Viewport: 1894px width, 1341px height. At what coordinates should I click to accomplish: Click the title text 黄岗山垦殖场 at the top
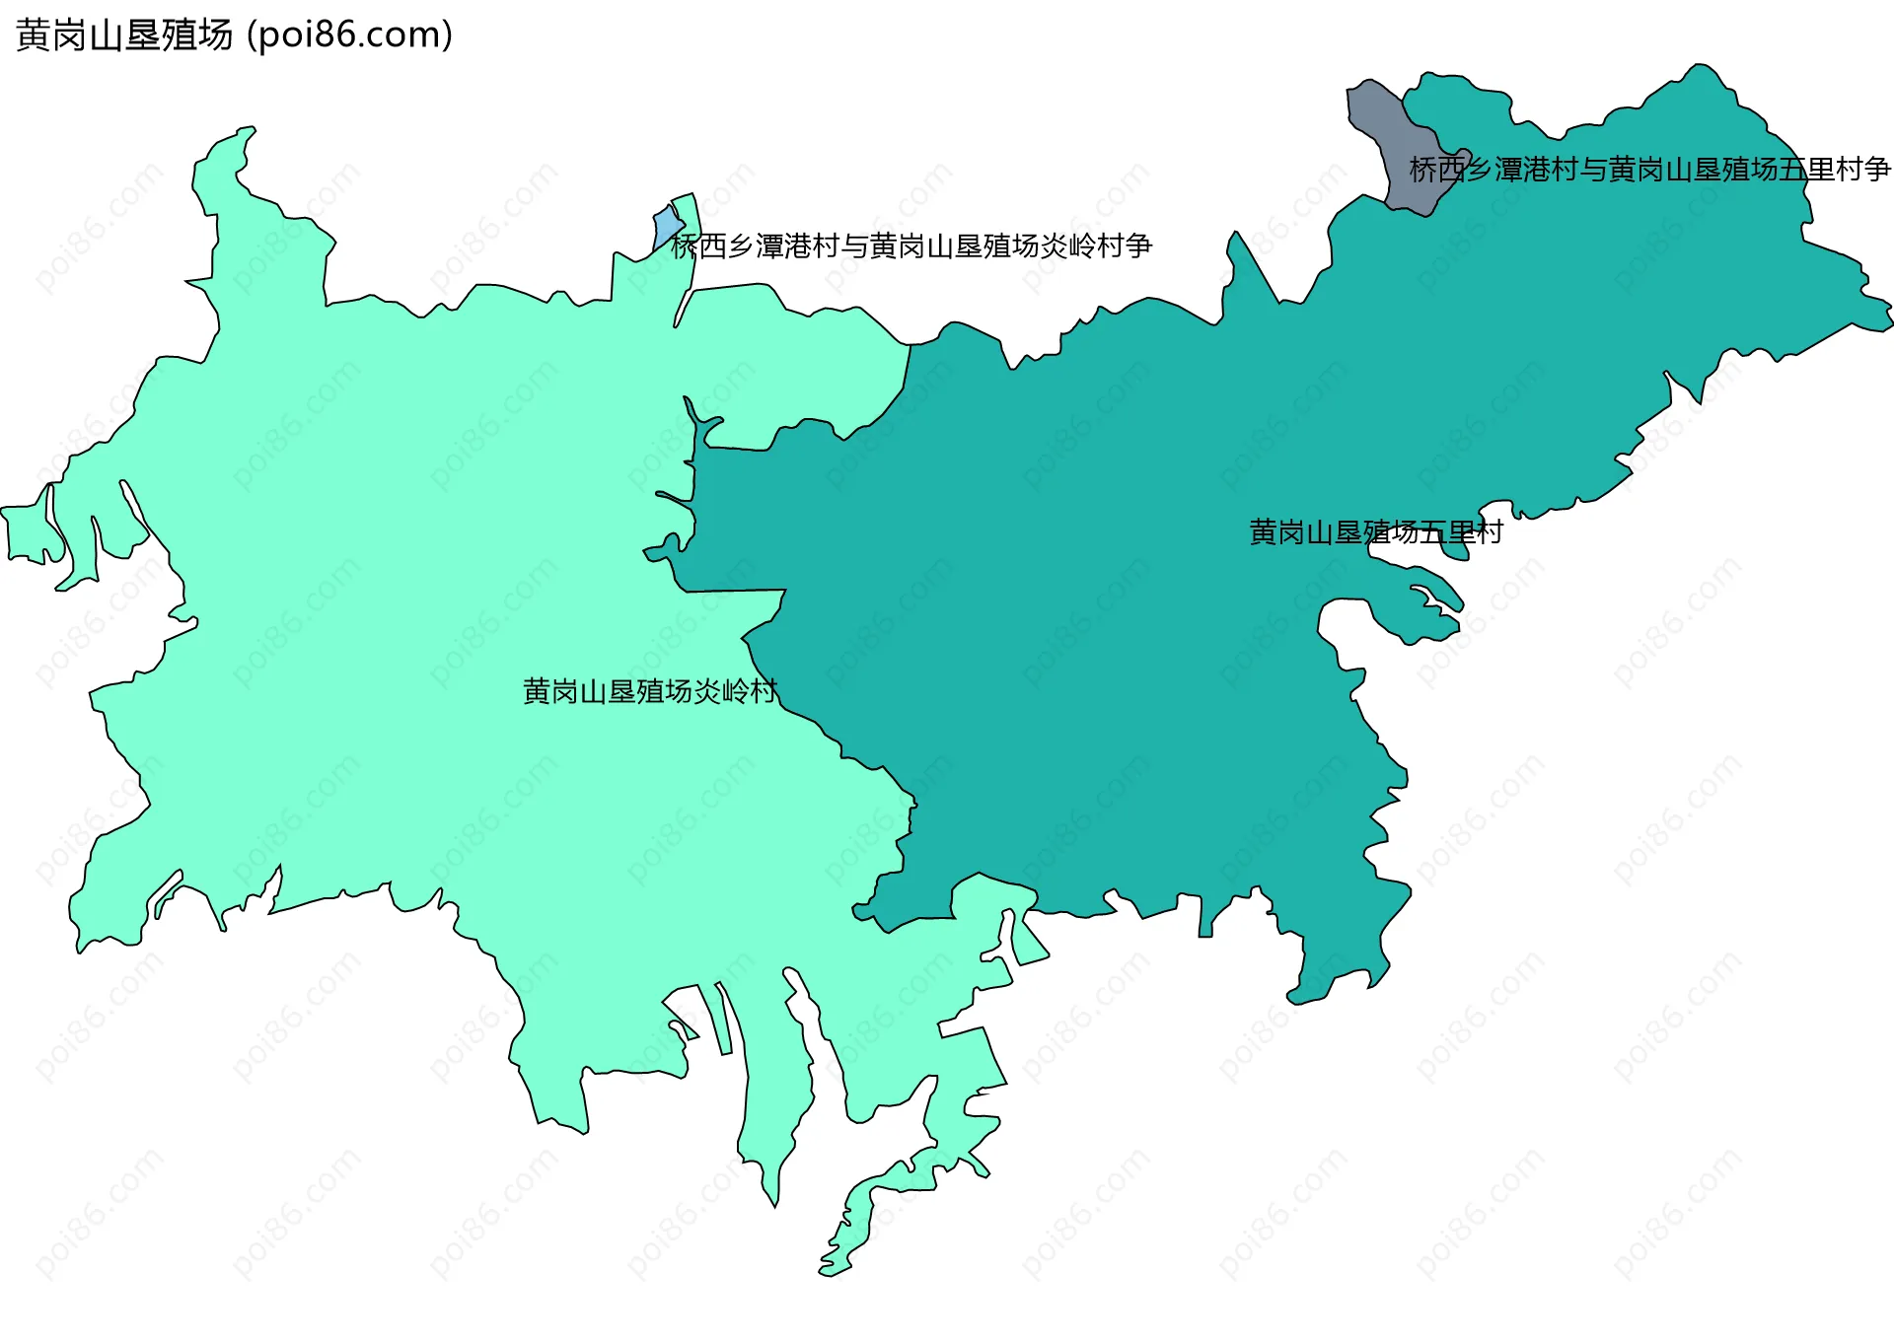coord(124,35)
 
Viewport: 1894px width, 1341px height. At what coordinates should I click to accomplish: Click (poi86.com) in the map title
coord(349,35)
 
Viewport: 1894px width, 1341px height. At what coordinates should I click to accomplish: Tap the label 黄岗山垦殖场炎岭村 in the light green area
coord(650,691)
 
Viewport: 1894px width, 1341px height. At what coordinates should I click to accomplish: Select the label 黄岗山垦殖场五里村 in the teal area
coord(1375,532)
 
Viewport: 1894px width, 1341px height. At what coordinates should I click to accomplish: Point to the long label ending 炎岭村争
coord(911,246)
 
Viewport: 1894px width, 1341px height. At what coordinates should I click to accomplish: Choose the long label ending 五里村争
coord(1649,170)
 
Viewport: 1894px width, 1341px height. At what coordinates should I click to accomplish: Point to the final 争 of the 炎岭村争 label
coord(1138,246)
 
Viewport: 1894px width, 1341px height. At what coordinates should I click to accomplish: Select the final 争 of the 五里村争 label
coord(1877,170)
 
